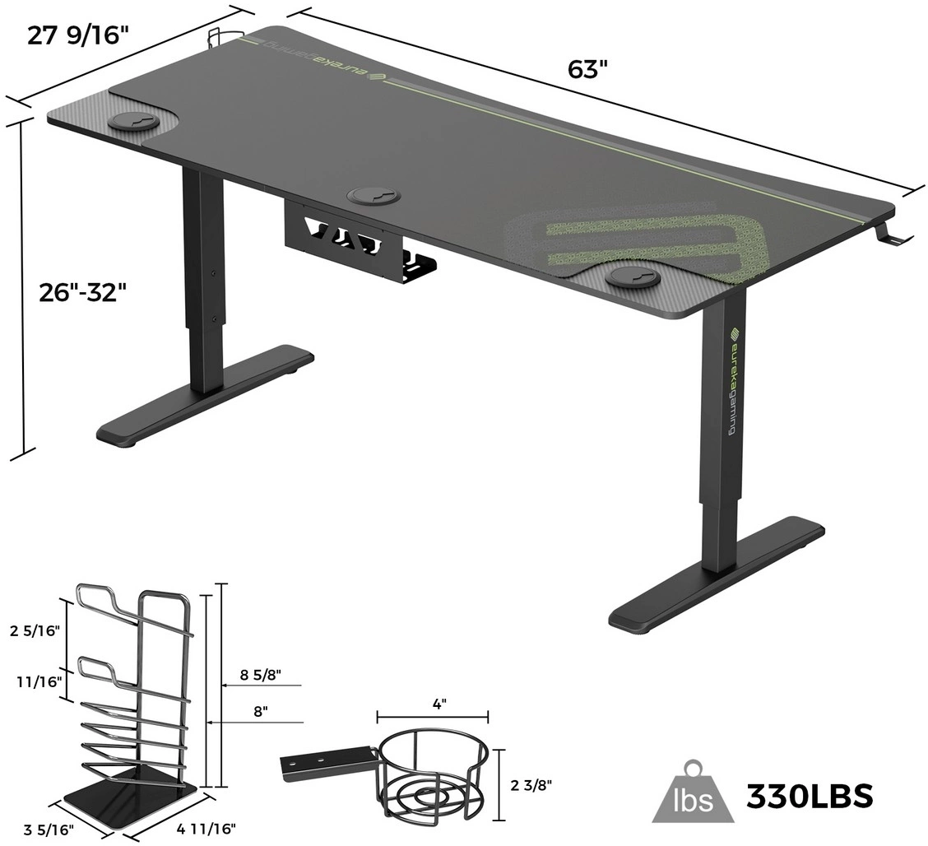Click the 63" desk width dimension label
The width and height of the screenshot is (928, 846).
[587, 69]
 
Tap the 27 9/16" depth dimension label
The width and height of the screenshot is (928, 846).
[77, 35]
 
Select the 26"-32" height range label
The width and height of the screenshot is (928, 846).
[83, 292]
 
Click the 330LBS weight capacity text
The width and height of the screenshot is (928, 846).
[810, 797]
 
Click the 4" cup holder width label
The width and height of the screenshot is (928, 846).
[439, 704]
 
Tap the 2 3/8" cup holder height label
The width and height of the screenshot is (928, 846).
[531, 785]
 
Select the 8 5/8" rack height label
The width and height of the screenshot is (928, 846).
[261, 674]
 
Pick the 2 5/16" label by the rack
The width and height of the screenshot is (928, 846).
[35, 631]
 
